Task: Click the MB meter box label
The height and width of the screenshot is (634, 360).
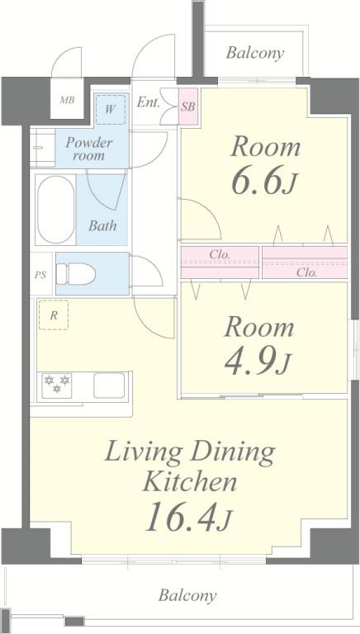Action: coord(67,100)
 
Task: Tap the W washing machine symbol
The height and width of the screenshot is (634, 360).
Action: coord(110,110)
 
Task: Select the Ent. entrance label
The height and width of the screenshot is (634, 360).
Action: coord(148,102)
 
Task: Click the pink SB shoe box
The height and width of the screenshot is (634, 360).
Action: coord(188,106)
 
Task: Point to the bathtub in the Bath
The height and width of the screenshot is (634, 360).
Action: coord(56,210)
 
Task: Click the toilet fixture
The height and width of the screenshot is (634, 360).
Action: coord(76,274)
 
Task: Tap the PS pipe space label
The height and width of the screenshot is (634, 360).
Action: coord(40,275)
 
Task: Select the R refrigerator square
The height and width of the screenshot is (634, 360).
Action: coord(54,315)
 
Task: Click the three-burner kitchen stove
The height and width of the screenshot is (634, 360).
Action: coord(57,386)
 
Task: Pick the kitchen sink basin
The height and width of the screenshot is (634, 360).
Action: coord(109,386)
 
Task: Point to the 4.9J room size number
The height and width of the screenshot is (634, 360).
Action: coord(258,363)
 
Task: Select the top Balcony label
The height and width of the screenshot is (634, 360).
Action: coord(255,53)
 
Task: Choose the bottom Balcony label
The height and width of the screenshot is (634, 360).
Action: coord(187,595)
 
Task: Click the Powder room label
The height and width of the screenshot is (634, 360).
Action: coord(89,149)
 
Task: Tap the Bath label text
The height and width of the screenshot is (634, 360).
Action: coord(102,225)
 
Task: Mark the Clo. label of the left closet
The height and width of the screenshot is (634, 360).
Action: coord(220,255)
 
